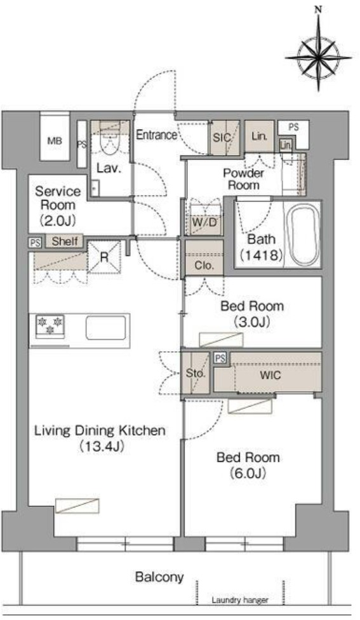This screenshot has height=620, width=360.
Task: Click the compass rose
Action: click(318, 57)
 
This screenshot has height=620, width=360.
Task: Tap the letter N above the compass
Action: click(317, 10)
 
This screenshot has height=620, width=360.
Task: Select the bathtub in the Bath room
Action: click(303, 236)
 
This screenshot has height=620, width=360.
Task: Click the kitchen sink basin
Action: click(106, 328)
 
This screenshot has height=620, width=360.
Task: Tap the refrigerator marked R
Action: click(104, 257)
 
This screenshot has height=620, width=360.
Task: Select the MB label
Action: click(55, 140)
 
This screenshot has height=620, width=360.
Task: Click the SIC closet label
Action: click(222, 138)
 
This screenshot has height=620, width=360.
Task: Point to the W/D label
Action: click(204, 222)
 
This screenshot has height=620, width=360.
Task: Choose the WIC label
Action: click(270, 375)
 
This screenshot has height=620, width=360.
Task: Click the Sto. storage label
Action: click(195, 373)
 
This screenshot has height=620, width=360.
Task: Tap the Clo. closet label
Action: click(204, 266)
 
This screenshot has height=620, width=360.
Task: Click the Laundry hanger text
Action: click(240, 600)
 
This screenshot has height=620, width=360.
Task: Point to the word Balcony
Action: click(159, 577)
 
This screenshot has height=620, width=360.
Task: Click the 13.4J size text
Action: click(102, 447)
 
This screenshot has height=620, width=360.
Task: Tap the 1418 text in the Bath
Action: click(261, 255)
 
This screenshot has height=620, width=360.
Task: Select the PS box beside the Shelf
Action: click(35, 243)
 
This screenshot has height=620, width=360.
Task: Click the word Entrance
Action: click(156, 135)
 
